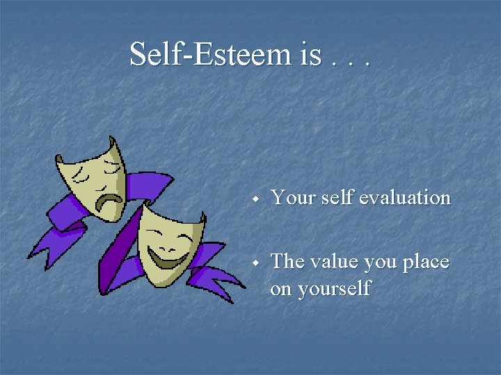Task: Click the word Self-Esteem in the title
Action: coord(212,53)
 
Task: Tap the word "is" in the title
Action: coord(311,53)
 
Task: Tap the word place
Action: coord(427,263)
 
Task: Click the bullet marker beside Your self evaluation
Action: coord(256,199)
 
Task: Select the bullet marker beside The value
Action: coord(256,264)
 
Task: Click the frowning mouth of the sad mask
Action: coord(109,201)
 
